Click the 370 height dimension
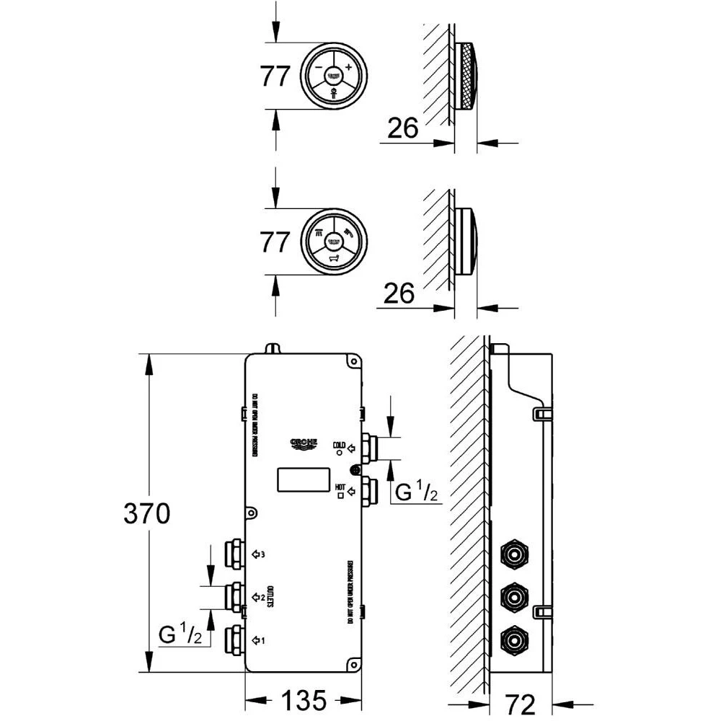pyautogui.click(x=146, y=513)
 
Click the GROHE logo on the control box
pyautogui.click(x=304, y=442)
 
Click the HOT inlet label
pyautogui.click(x=340, y=487)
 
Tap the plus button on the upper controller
pyautogui.click(x=349, y=67)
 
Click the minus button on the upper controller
pyautogui.click(x=318, y=67)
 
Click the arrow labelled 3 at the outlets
pyautogui.click(x=258, y=554)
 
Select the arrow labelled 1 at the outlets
pyautogui.click(x=258, y=639)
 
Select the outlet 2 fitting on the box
pyautogui.click(x=234, y=596)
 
